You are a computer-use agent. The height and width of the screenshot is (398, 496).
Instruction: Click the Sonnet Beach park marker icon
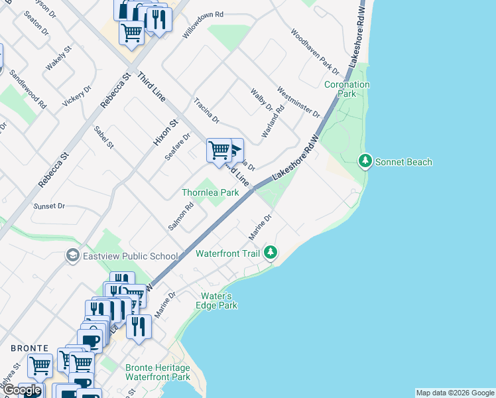coord(365,161)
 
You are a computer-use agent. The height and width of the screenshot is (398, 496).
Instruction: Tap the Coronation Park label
coord(347,90)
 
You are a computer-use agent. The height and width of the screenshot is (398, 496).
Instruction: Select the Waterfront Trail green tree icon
coord(270,252)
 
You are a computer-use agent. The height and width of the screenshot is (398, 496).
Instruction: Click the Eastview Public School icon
coord(72,256)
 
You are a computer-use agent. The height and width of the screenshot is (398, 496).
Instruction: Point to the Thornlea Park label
coord(210,192)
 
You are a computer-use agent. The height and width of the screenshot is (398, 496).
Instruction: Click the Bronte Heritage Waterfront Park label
coord(158,372)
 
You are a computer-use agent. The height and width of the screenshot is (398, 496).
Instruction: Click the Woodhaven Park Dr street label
coord(315,51)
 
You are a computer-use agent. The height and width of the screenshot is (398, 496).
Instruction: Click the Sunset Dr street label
coord(50,206)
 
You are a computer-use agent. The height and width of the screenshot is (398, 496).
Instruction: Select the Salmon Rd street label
coord(180,216)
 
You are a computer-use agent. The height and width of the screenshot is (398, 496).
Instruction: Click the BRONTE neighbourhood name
coord(29,348)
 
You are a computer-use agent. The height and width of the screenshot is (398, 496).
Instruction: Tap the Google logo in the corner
coord(22,390)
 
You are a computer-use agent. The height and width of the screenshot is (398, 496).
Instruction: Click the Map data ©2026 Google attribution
coord(455,393)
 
